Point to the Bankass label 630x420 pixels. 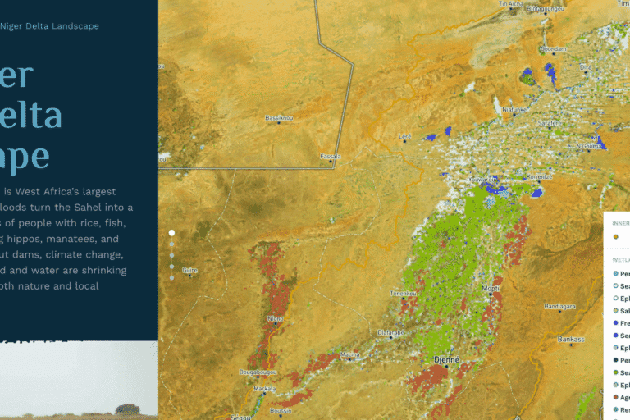pyautogui.click(x=571, y=338)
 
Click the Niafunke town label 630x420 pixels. pyautogui.click(x=514, y=109)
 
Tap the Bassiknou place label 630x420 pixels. pyautogui.click(x=279, y=118)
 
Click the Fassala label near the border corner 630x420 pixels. pyautogui.click(x=330, y=156)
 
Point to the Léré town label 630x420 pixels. pyautogui.click(x=404, y=137)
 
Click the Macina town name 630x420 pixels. pyautogui.click(x=350, y=354)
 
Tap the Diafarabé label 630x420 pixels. pyautogui.click(x=389, y=332)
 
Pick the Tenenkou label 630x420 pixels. pyautogui.click(x=404, y=293)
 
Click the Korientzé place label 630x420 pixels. pyautogui.click(x=539, y=176)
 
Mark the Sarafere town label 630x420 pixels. pyautogui.click(x=549, y=123)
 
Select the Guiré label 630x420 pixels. pyautogui.click(x=189, y=270)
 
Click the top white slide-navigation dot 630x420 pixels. pyautogui.click(x=171, y=233)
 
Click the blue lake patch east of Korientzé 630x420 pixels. pyautogui.click(x=537, y=192)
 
